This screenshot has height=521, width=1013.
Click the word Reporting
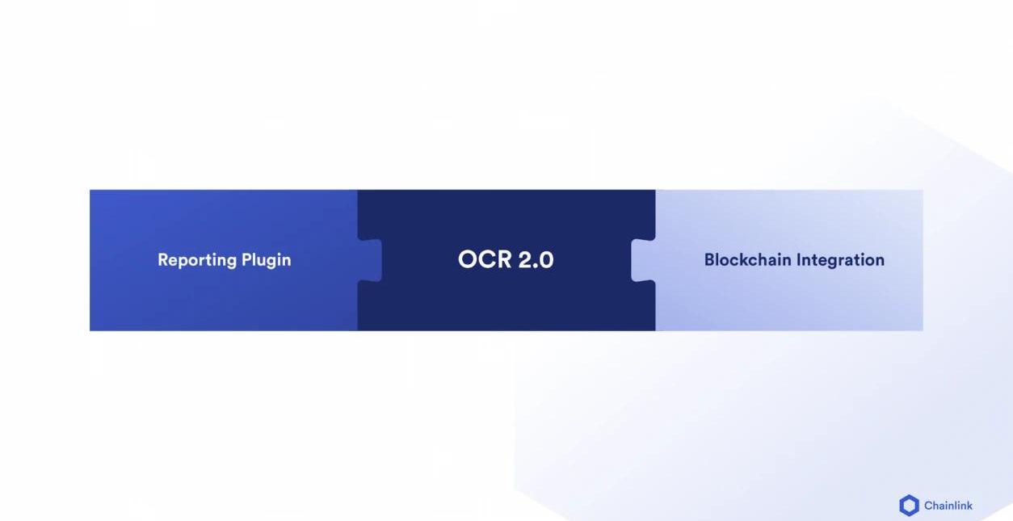pyautogui.click(x=197, y=260)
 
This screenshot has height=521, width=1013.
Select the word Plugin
pyautogui.click(x=267, y=260)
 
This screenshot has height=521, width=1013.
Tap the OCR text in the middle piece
pyautogui.click(x=485, y=259)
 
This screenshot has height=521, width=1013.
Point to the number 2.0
pyautogui.click(x=536, y=259)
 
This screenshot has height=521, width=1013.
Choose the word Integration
pyautogui.click(x=840, y=261)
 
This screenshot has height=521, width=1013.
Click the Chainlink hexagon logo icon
pyautogui.click(x=909, y=505)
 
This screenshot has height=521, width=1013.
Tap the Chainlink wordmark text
pyautogui.click(x=948, y=506)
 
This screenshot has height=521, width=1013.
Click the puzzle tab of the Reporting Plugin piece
pyautogui.click(x=370, y=260)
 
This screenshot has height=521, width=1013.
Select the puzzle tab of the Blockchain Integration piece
pyautogui.click(x=643, y=260)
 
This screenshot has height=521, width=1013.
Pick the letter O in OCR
pyautogui.click(x=468, y=259)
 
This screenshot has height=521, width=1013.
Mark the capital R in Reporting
pyautogui.click(x=163, y=260)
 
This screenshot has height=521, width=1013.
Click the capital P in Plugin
pyautogui.click(x=247, y=260)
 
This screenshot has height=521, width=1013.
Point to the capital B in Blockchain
pyautogui.click(x=710, y=260)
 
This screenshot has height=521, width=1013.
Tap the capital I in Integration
pyautogui.click(x=798, y=260)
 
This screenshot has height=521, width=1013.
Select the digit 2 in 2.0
pyautogui.click(x=526, y=259)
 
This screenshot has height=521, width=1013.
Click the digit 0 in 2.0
pyautogui.click(x=546, y=259)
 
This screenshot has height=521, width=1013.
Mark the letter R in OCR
pyautogui.click(x=504, y=259)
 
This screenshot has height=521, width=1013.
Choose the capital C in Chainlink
pyautogui.click(x=929, y=506)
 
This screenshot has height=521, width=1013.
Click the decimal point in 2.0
pyautogui.click(x=536, y=267)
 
